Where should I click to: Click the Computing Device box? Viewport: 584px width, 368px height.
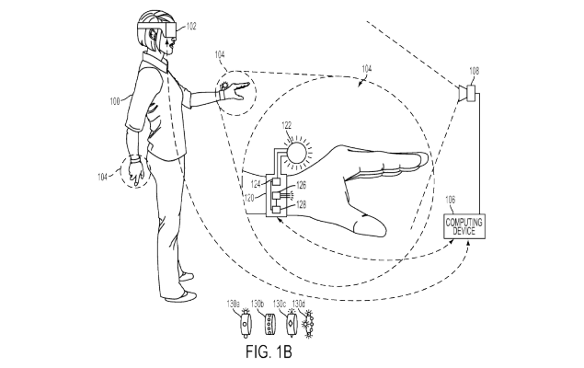pos(464,226)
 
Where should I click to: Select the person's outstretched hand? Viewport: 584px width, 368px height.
pos(234,89)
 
